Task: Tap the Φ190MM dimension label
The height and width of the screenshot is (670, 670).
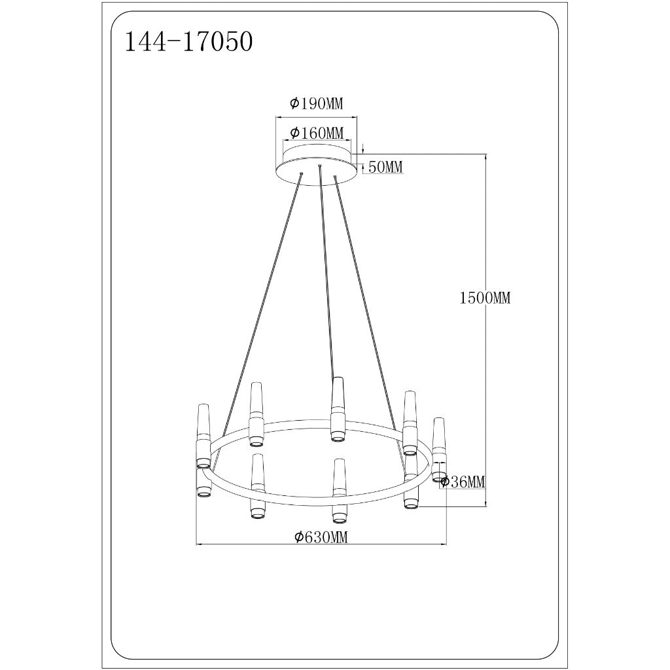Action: tap(316, 103)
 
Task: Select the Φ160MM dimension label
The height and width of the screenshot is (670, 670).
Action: tap(317, 133)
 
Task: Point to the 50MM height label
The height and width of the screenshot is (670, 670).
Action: tap(385, 167)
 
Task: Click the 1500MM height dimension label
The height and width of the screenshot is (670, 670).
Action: tap(485, 298)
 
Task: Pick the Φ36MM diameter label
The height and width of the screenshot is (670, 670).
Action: tap(463, 482)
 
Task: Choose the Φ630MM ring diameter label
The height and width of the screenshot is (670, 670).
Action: tap(321, 537)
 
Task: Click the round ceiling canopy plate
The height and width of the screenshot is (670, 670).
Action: tap(317, 165)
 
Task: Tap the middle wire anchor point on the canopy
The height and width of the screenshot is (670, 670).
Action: tap(319, 165)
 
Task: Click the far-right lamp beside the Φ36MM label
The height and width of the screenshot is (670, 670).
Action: tap(439, 450)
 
